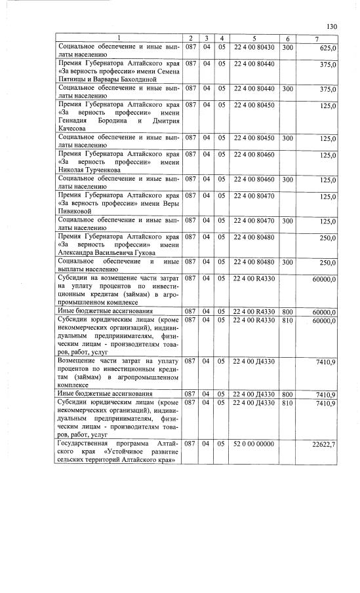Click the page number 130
point(332,26)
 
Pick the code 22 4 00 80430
point(254,48)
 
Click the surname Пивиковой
point(79,211)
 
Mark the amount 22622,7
point(324,446)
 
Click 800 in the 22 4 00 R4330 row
point(287,311)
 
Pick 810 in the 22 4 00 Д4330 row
point(287,402)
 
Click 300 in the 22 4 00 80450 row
point(287,138)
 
